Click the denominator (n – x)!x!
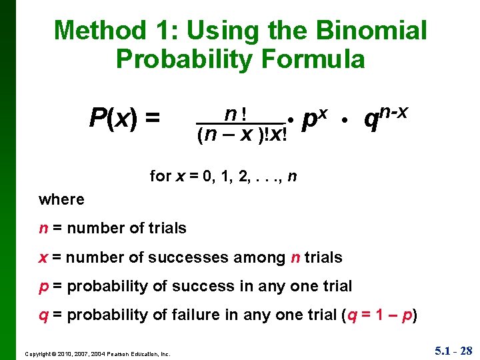242,135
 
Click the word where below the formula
61,199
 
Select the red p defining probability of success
43,287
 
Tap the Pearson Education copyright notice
98,353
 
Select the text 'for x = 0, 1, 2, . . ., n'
223,176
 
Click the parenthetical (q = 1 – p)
379,315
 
